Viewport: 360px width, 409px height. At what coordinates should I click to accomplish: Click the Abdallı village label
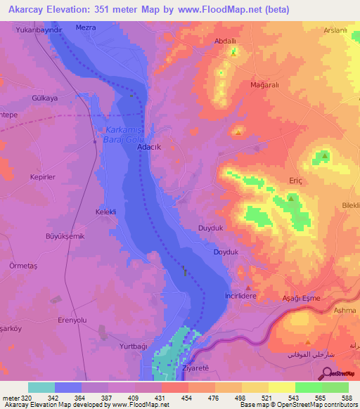(x=224, y=41)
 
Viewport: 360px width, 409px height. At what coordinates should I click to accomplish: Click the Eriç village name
(x=295, y=181)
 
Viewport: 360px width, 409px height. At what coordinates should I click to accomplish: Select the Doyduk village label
(x=226, y=252)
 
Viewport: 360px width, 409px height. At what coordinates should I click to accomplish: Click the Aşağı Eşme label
(x=301, y=299)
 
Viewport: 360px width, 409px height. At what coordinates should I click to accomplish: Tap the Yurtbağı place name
(x=134, y=346)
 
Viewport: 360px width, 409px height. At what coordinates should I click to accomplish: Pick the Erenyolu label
(x=72, y=320)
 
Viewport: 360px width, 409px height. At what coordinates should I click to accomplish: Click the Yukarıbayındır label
(x=44, y=32)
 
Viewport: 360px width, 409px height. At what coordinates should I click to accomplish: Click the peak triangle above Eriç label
(x=290, y=199)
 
